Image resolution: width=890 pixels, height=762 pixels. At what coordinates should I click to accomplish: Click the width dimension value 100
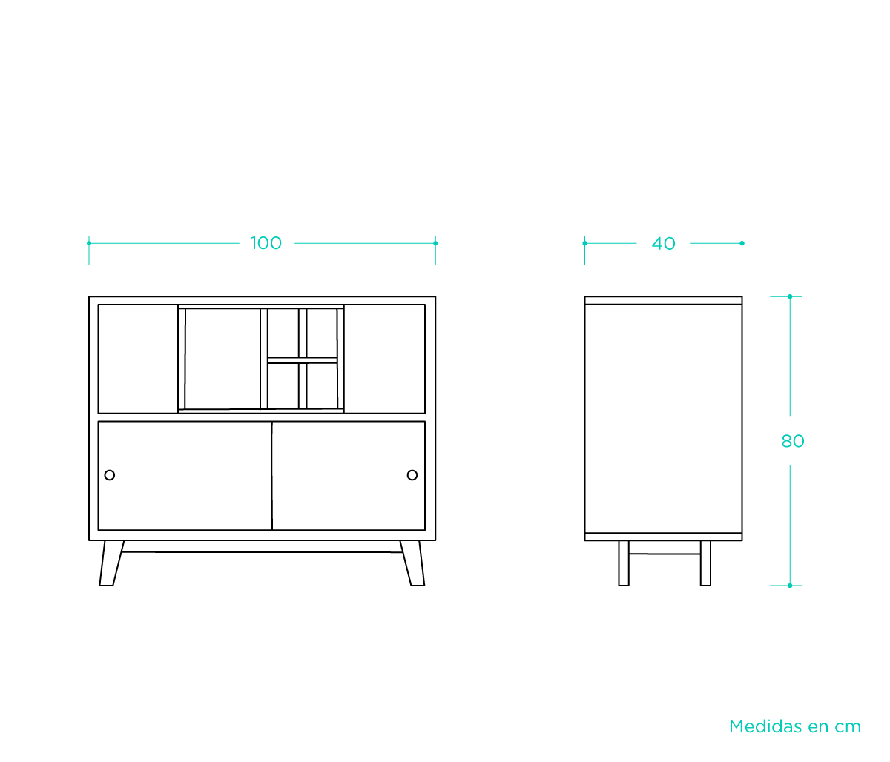[266, 243]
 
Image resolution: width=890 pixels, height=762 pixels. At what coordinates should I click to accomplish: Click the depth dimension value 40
[663, 243]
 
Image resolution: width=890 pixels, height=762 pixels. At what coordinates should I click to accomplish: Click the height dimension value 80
[792, 441]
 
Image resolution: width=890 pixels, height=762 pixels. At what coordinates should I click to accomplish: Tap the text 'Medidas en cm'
[794, 726]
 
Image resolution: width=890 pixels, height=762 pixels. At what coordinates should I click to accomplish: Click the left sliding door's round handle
[110, 475]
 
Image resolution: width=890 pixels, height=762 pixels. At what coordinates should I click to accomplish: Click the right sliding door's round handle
[412, 475]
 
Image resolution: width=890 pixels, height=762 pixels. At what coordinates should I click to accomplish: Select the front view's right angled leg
[412, 564]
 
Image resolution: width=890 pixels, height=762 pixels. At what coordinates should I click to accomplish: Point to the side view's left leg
[624, 563]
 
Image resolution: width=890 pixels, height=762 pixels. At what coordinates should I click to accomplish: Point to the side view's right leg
[705, 563]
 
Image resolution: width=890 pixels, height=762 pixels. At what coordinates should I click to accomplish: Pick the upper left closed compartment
[138, 359]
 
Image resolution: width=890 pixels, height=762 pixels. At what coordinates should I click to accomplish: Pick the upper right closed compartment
[384, 359]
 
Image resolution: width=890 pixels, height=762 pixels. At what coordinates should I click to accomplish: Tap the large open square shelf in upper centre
[222, 359]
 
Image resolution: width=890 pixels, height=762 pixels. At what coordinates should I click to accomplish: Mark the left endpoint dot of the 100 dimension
[89, 243]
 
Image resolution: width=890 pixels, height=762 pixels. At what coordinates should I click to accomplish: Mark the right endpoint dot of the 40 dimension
[742, 243]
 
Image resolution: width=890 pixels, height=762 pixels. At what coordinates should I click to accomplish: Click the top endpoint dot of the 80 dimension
[790, 296]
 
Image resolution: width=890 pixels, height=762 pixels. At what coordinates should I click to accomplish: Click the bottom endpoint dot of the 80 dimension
[790, 586]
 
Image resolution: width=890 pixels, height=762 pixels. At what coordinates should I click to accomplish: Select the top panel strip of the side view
[663, 300]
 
